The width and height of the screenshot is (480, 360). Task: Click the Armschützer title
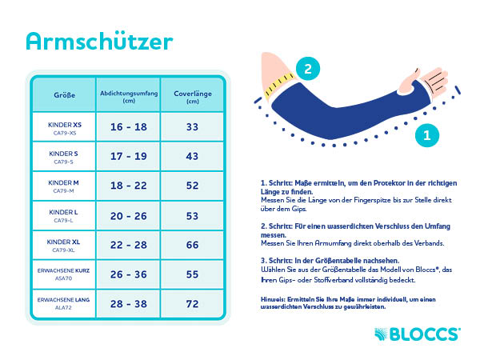pyautogui.click(x=99, y=41)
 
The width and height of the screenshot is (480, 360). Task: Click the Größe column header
pyautogui.click(x=64, y=94)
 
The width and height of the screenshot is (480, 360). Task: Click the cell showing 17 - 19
pyautogui.click(x=128, y=156)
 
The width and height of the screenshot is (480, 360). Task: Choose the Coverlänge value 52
pyautogui.click(x=192, y=185)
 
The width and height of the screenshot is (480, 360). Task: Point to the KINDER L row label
pyautogui.click(x=64, y=214)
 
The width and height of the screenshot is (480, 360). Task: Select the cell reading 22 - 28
pyautogui.click(x=128, y=243)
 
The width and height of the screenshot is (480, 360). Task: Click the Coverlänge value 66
pyautogui.click(x=192, y=243)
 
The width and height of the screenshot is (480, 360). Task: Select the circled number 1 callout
pyautogui.click(x=427, y=135)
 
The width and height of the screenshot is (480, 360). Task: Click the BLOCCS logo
pyautogui.click(x=418, y=333)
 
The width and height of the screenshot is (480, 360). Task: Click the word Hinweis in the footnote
pyautogui.click(x=274, y=299)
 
